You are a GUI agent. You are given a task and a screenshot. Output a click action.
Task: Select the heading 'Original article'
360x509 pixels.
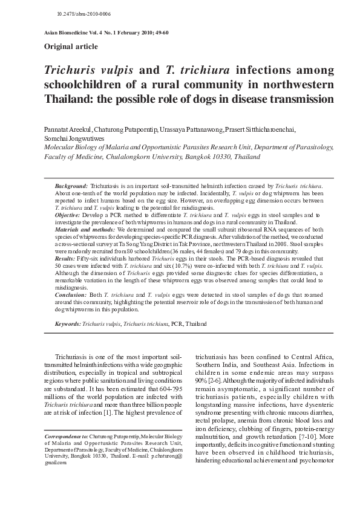(x=70, y=47)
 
